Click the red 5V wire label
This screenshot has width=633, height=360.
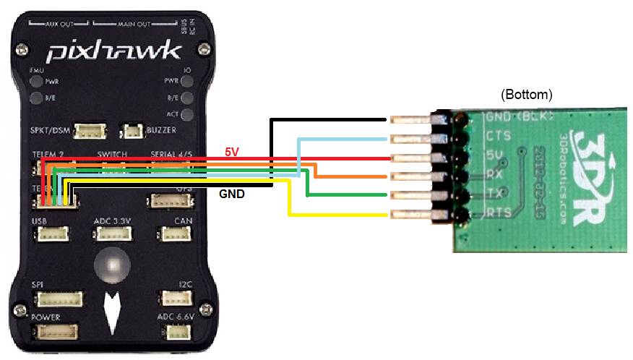(x=231, y=152)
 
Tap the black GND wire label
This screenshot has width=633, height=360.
(x=231, y=194)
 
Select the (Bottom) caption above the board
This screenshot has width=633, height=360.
(x=526, y=95)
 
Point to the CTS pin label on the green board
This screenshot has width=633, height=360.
(x=499, y=134)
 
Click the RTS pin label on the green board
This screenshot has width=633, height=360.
(x=499, y=212)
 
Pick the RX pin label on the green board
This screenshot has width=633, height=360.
(x=496, y=173)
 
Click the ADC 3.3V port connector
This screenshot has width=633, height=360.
(x=113, y=234)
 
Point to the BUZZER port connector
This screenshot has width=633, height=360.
(x=132, y=131)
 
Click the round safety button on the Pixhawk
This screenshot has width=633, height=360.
(x=111, y=265)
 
